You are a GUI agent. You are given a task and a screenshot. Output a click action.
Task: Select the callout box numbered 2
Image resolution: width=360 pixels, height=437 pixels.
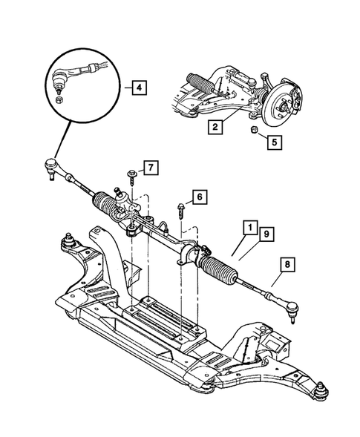tap(214, 128)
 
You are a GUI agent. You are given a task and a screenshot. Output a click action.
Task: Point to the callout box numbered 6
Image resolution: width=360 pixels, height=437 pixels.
tap(198, 197)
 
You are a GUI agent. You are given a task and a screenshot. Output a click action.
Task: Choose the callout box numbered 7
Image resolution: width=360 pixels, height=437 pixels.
tap(150, 168)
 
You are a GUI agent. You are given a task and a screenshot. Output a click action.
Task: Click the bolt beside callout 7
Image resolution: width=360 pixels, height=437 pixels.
tap(131, 176)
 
